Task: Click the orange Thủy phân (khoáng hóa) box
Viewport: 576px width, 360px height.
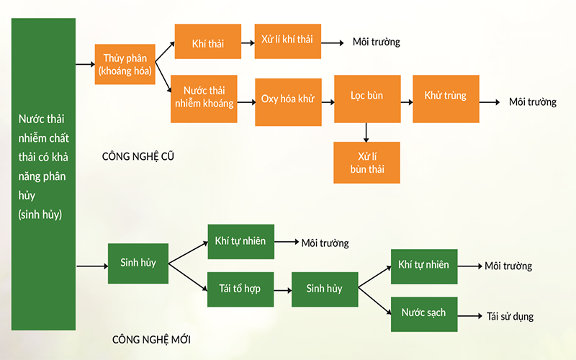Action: click(x=125, y=64)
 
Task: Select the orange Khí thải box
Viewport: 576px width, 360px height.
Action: click(x=207, y=42)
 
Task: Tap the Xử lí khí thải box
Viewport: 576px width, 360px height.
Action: click(x=288, y=42)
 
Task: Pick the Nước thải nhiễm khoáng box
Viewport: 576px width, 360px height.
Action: click(x=208, y=96)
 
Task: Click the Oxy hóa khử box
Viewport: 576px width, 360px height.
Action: click(x=288, y=98)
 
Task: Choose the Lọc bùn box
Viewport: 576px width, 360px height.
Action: click(x=367, y=98)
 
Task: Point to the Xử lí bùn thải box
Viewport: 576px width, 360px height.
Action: click(x=367, y=162)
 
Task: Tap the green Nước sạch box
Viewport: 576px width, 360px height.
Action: click(x=423, y=313)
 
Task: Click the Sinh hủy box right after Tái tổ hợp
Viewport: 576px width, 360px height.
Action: click(x=324, y=289)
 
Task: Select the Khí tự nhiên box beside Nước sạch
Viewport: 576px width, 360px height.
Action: click(x=423, y=265)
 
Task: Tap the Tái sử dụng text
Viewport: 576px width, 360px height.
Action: click(x=510, y=316)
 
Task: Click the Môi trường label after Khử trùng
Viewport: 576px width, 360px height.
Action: click(x=532, y=102)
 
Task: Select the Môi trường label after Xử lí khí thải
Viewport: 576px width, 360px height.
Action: click(x=376, y=42)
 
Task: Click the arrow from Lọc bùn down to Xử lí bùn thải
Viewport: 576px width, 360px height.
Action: click(x=367, y=132)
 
